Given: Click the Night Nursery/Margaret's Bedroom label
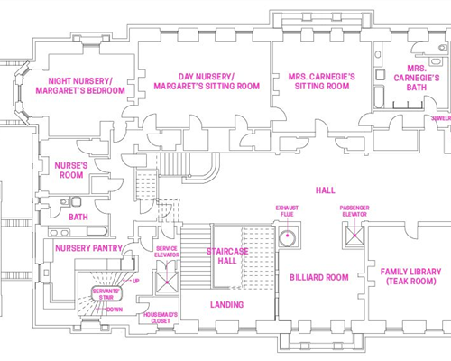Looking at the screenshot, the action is pos(80,86).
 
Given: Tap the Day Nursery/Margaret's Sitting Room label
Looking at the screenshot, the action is pos(207,81).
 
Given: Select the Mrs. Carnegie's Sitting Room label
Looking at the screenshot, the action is pos(322,81).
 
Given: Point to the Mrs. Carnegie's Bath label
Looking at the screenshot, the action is pos(417,78).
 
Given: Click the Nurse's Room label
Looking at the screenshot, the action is pos(71,171).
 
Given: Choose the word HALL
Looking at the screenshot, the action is pos(326,190).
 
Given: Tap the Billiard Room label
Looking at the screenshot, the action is pos(319,277).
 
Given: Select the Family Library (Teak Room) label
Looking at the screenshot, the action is pos(410,276).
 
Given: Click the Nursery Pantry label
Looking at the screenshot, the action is pos(88,248).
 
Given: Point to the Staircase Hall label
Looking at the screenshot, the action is pos(227,256).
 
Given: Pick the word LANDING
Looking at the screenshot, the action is pos(227,305).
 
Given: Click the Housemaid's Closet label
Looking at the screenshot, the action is pos(161,318).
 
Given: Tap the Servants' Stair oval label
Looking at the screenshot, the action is pos(106,294).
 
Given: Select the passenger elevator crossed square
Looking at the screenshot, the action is pos(354,236).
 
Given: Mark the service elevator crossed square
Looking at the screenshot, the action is pos(167,282).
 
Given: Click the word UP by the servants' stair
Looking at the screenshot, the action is pos(136,281).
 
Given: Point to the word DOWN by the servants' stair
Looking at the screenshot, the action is pos(115,310).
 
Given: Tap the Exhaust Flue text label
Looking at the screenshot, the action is pos(287,211).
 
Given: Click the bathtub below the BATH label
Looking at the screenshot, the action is pos(97,232).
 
